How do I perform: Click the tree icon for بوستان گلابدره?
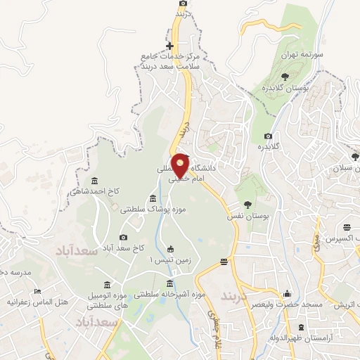[285, 77]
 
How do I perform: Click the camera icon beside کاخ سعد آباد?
[124, 238]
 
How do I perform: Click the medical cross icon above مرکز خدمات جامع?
[169, 27]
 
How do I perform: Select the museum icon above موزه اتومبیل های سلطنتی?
[106, 285]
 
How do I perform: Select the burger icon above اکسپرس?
[347, 227]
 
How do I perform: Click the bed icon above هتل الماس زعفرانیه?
[38, 290]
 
